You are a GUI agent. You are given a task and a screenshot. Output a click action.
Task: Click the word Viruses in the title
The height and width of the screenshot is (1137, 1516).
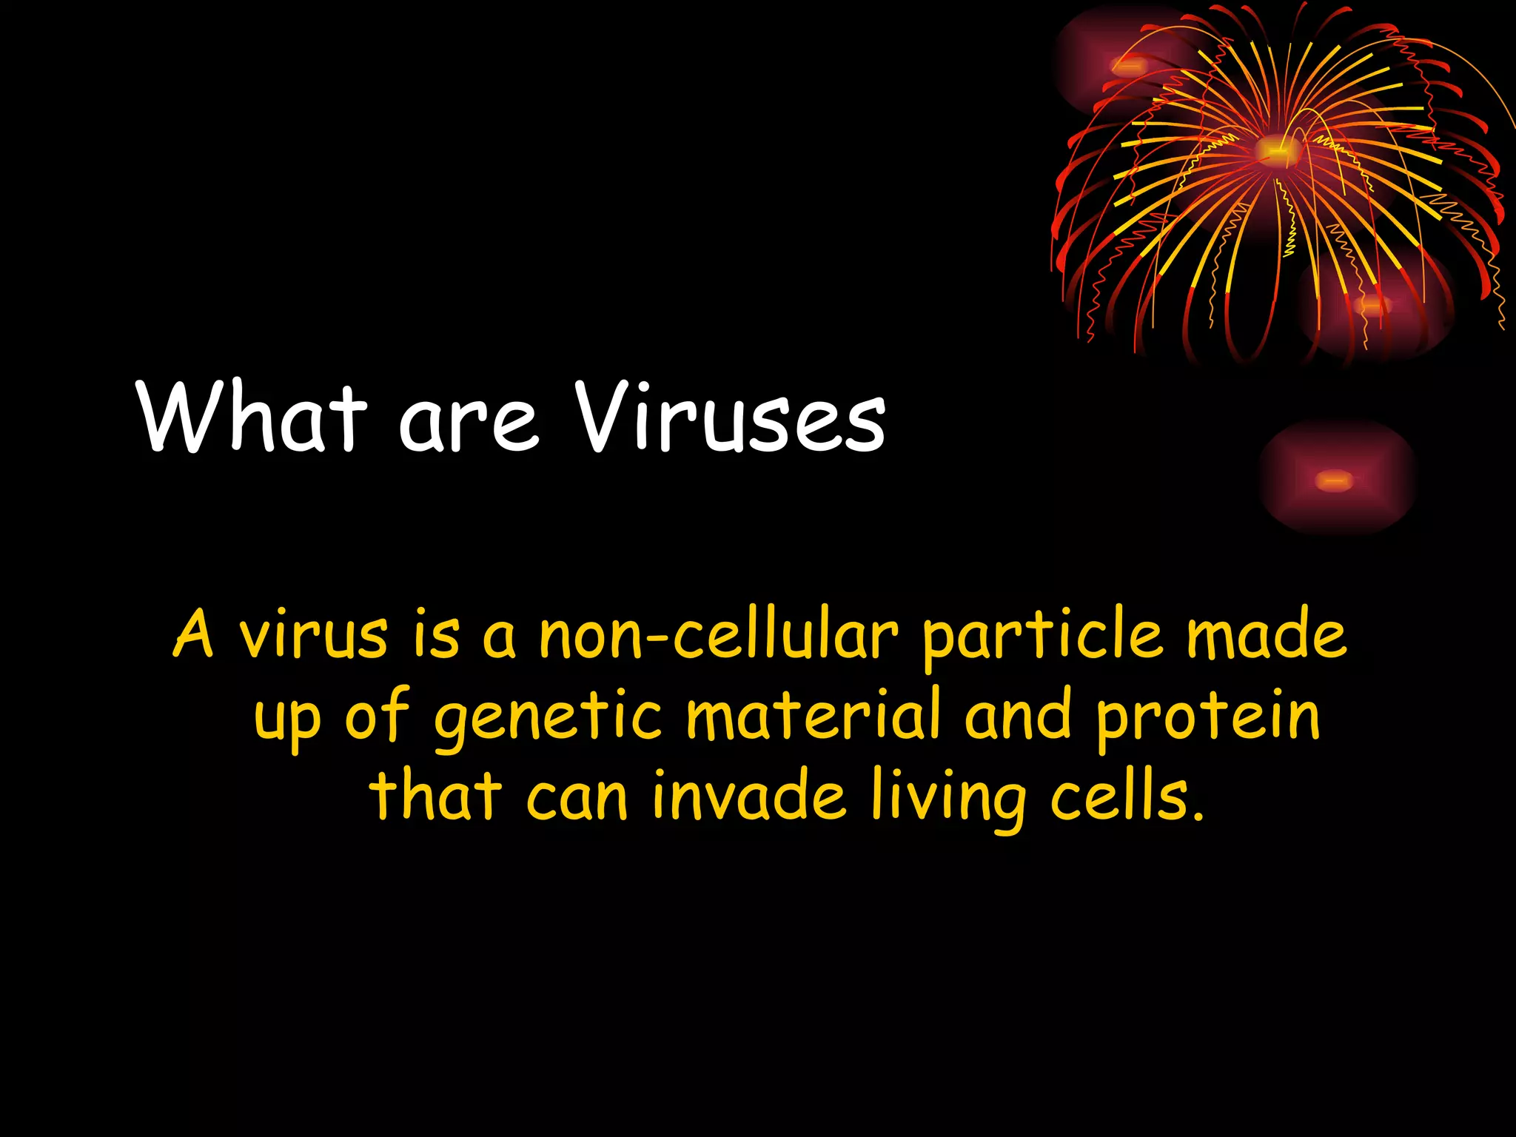(x=731, y=418)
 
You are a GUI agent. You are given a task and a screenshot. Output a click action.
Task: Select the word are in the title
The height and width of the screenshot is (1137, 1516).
(x=468, y=426)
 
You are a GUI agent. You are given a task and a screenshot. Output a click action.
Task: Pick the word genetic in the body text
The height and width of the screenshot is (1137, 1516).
(x=548, y=717)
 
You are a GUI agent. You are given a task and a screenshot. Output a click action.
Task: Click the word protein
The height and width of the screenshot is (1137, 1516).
(x=1208, y=717)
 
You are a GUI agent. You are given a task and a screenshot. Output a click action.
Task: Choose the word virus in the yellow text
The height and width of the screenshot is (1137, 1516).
(x=312, y=635)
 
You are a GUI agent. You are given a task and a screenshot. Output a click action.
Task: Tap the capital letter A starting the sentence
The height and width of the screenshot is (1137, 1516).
(x=194, y=635)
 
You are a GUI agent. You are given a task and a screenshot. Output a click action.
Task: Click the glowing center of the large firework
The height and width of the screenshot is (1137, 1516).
(x=1275, y=151)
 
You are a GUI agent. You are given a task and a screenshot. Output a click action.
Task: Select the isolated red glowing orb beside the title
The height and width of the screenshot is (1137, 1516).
(x=1335, y=480)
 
